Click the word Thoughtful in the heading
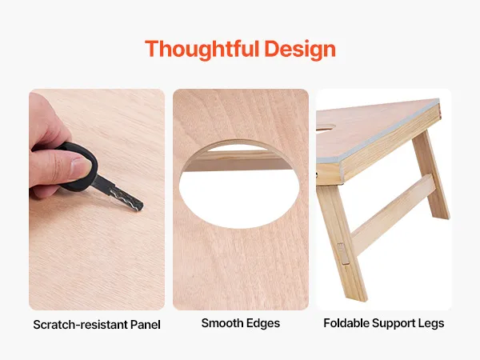click(x=202, y=50)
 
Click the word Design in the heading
click(x=300, y=50)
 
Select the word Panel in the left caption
click(x=146, y=325)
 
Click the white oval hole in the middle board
click(x=239, y=199)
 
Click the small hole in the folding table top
click(x=326, y=127)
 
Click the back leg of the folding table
click(x=431, y=174)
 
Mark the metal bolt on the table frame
click(x=317, y=174)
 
